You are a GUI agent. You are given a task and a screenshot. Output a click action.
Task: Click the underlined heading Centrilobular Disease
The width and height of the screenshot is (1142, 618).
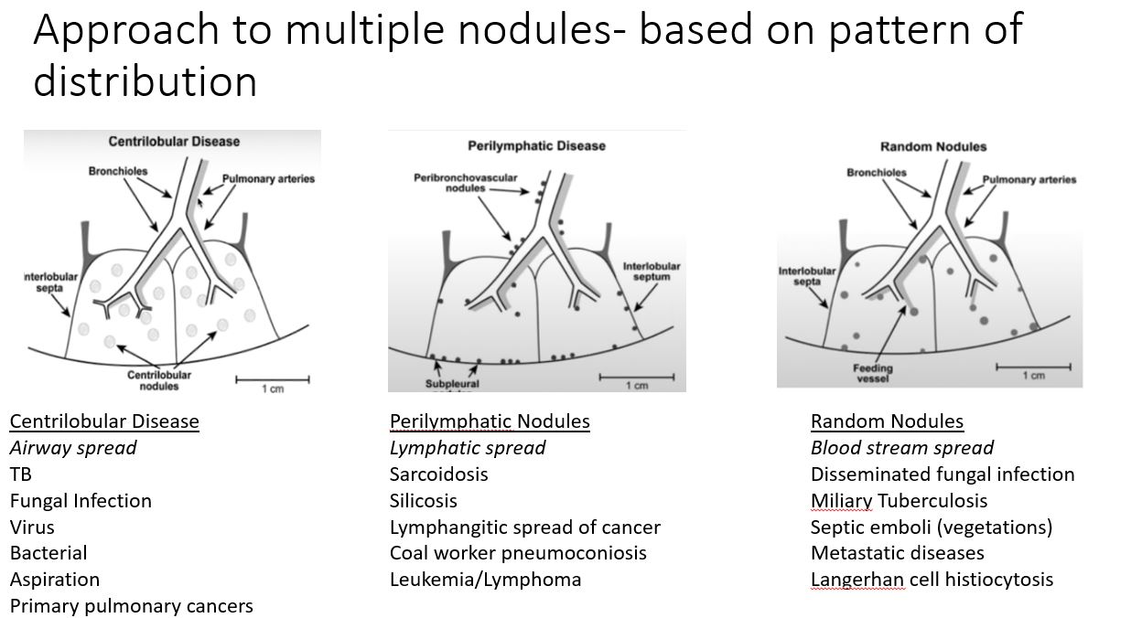[x=104, y=421]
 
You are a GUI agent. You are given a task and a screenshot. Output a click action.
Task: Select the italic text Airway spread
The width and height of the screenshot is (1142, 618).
[x=73, y=448]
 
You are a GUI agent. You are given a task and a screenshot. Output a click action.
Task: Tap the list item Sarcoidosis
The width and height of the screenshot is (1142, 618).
[x=439, y=474]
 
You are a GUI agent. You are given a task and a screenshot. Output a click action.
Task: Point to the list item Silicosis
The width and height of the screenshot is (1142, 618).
[x=424, y=501]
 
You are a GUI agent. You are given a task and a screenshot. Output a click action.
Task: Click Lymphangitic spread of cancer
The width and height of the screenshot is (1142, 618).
[x=525, y=527]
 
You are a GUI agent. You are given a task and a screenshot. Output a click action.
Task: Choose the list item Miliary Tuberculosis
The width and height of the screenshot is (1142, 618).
[x=900, y=501]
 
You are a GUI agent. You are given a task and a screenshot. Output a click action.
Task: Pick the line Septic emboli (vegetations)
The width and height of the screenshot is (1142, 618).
[x=932, y=527]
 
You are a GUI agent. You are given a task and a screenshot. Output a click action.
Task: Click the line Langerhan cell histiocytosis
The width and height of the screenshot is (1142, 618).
[x=932, y=580]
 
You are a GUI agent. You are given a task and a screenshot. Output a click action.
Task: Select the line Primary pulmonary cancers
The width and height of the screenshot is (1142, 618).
[x=132, y=606]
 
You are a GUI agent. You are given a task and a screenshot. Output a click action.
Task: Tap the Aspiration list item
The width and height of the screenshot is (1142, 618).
[x=55, y=580]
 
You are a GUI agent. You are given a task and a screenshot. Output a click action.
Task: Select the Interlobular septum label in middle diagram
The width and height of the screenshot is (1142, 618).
[x=652, y=272]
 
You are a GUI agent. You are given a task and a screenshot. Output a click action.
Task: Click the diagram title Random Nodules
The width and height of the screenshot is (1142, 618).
[x=933, y=146]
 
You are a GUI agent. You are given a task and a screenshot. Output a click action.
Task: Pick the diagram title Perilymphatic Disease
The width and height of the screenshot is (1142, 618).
[x=536, y=145]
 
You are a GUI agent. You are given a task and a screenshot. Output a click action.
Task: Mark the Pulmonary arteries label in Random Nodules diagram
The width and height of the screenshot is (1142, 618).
[x=1029, y=179]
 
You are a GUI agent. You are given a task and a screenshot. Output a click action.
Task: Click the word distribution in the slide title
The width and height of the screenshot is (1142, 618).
[x=145, y=81]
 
